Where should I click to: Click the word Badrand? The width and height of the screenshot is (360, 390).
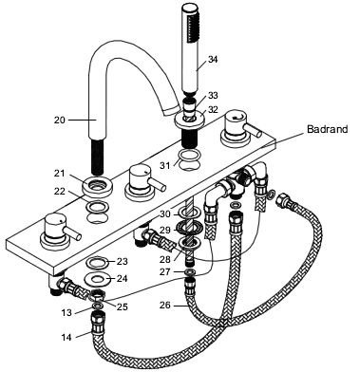[327, 129]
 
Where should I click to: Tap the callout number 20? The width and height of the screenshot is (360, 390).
[59, 121]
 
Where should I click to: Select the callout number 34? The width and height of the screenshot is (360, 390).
[213, 59]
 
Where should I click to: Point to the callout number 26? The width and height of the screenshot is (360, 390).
[165, 306]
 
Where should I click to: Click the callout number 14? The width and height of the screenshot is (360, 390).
[66, 337]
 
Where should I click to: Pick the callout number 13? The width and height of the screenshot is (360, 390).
[66, 313]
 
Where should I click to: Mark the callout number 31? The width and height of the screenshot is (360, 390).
[164, 165]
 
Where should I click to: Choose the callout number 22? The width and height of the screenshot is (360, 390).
[59, 192]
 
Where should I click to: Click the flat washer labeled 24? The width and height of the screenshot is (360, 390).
[98, 279]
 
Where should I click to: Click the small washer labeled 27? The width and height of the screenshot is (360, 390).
[190, 272]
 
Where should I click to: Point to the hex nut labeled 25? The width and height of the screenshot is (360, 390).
[97, 296]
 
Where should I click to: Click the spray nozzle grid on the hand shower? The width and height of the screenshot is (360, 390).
[191, 28]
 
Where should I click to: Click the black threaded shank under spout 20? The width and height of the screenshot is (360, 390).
[97, 157]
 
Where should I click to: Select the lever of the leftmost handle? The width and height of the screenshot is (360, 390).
[74, 233]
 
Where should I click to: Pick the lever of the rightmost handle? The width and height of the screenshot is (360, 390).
[255, 131]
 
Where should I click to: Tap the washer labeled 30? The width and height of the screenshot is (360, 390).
[190, 214]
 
